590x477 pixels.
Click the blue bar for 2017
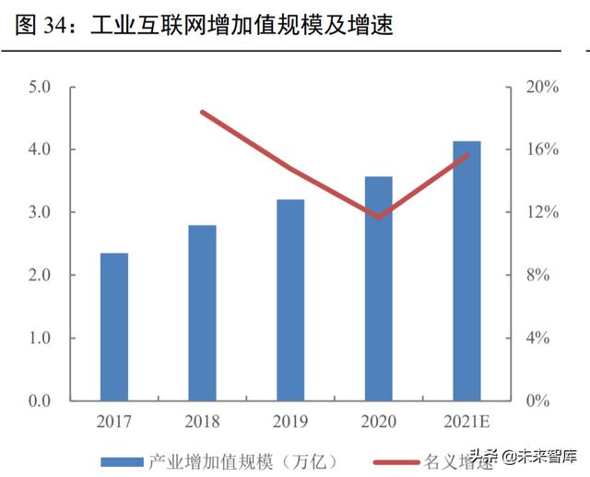(114, 327)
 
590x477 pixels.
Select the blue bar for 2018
(202, 313)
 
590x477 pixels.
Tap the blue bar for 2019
(289, 300)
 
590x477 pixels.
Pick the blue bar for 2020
(378, 288)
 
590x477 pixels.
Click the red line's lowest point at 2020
(378, 218)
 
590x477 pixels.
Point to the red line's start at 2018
(203, 113)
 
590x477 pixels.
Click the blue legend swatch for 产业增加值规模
(121, 459)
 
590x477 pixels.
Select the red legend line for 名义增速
(395, 459)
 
